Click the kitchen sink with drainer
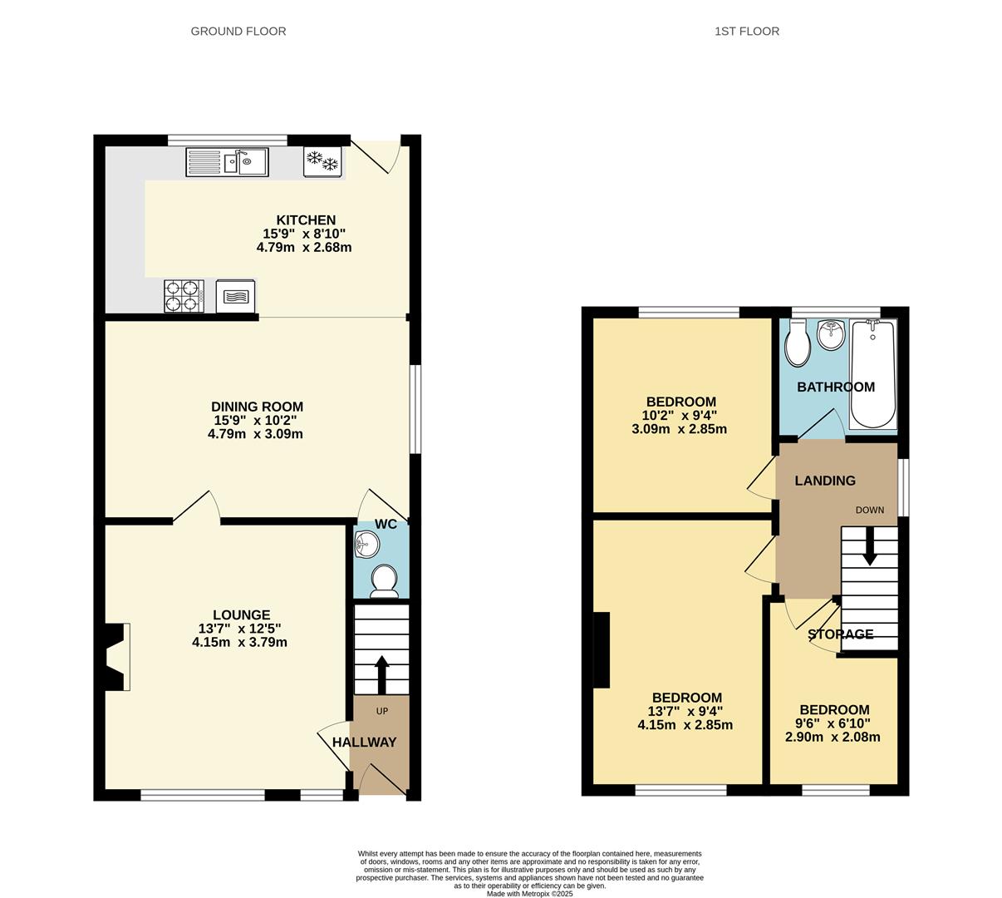[227, 162]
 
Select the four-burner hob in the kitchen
[184, 296]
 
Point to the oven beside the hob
[236, 296]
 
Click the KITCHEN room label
[306, 220]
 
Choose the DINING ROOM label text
[258, 407]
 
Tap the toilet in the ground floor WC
[385, 581]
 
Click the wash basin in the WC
[367, 544]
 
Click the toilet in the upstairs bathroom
[798, 343]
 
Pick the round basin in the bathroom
[831, 335]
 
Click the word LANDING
[825, 481]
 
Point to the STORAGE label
[841, 634]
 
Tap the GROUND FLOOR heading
[238, 32]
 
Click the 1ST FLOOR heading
[747, 32]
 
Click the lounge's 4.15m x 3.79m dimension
[240, 643]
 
